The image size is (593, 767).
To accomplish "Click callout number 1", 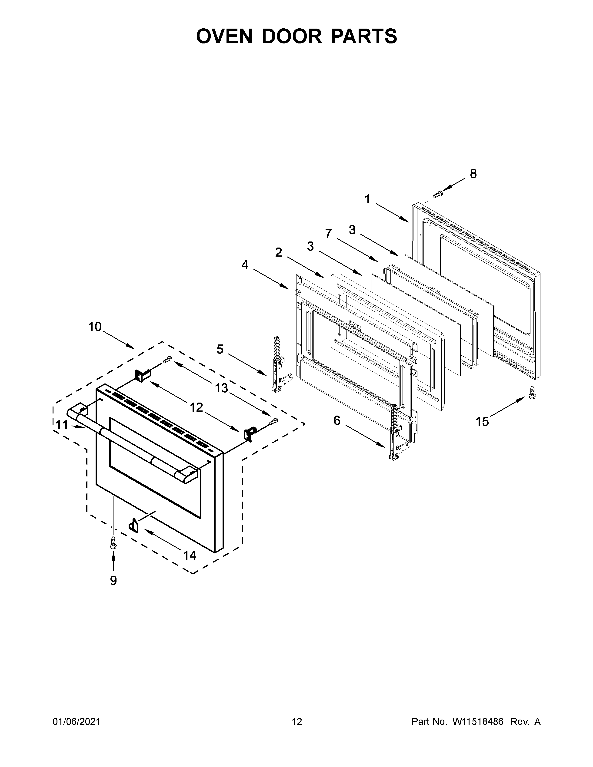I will (367, 199).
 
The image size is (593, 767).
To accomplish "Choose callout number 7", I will (328, 234).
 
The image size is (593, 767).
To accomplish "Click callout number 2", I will (279, 252).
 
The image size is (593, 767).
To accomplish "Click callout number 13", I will (221, 388).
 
